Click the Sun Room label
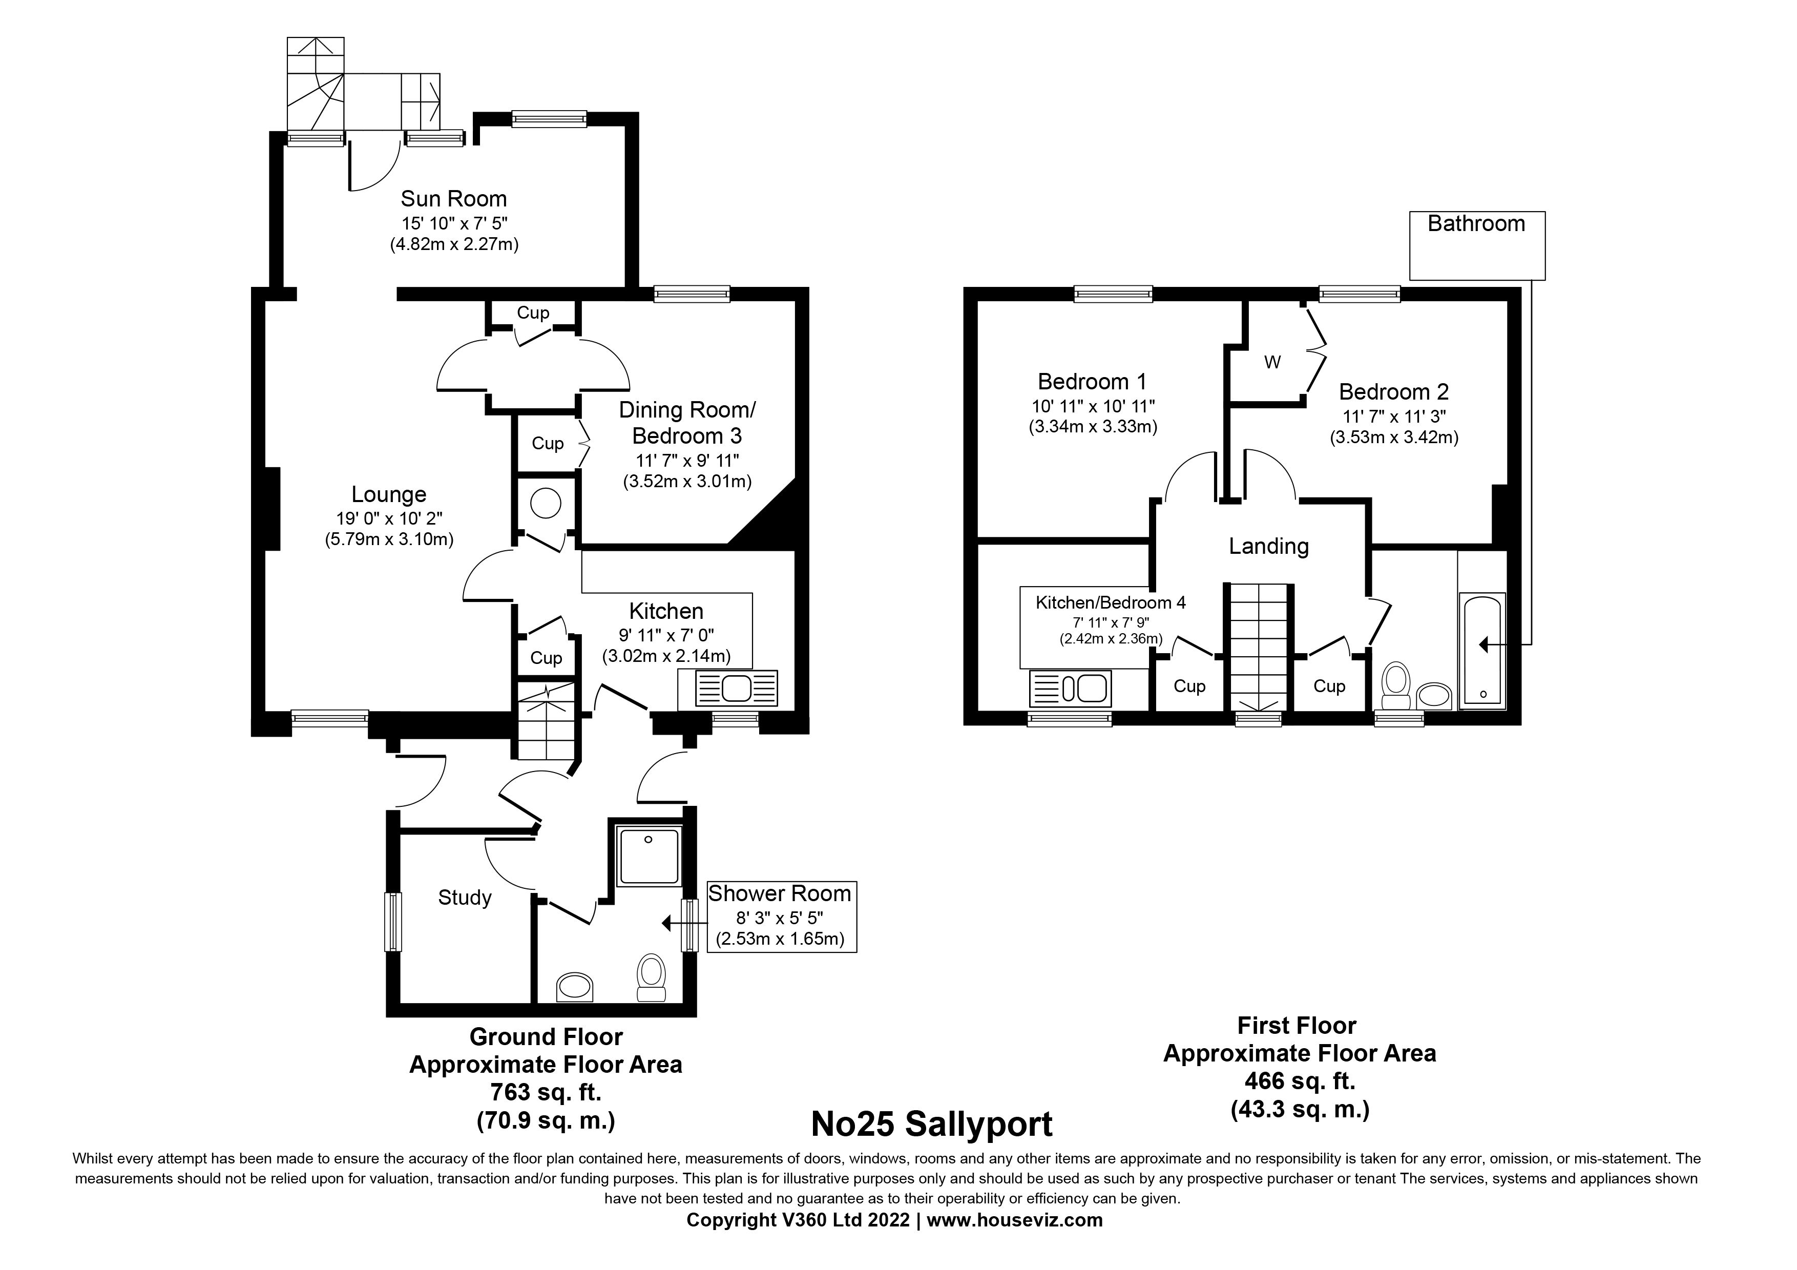453,199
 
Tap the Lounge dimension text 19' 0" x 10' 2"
388,518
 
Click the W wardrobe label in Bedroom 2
1272,362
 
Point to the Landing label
1268,546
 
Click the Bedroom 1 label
1092,382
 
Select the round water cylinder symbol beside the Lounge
546,503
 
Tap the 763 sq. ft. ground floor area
546,1092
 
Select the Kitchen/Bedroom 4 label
1110,602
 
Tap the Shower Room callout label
780,893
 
